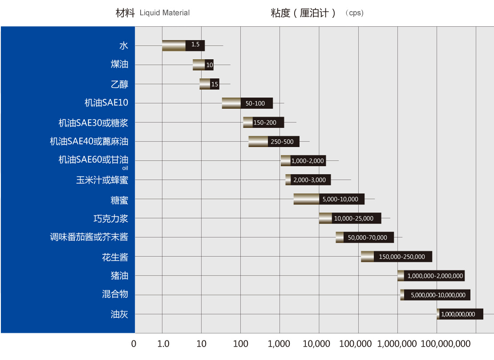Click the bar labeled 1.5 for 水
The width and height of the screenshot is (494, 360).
[183, 45]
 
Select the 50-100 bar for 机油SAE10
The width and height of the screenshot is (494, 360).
[247, 103]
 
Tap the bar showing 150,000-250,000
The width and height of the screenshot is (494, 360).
[396, 257]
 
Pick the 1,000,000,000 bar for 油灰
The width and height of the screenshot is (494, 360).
[460, 314]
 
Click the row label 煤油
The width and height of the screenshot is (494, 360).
[119, 65]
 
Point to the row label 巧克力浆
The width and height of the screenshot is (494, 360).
[111, 218]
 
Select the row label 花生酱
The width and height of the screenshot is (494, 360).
[115, 257]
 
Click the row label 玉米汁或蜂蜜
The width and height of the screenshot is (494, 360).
[102, 180]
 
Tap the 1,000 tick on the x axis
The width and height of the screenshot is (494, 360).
[279, 344]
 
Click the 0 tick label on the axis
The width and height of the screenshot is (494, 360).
[134, 344]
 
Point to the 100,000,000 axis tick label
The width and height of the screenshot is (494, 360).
[445, 344]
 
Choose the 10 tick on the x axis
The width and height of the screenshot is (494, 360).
[201, 344]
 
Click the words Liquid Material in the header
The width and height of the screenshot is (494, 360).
[165, 13]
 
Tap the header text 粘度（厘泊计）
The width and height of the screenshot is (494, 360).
[303, 13]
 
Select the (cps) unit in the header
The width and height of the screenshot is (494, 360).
[355, 13]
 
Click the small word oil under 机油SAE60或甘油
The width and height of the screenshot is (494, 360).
[125, 168]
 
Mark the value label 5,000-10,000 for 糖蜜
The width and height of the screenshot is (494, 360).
[340, 199]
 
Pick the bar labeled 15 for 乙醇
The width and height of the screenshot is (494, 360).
[209, 84]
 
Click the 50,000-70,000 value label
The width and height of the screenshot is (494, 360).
[368, 238]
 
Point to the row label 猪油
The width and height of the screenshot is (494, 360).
[119, 276]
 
